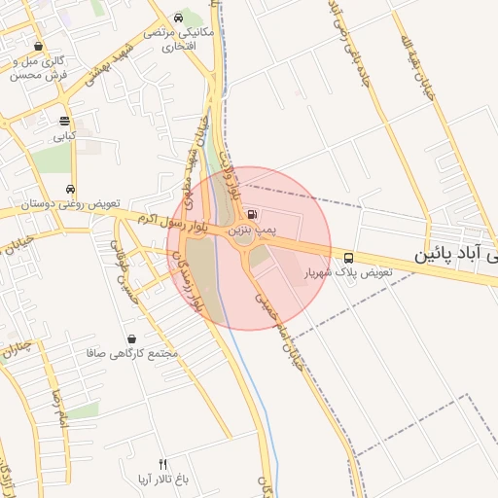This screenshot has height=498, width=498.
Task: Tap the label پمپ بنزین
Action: tap(253, 231)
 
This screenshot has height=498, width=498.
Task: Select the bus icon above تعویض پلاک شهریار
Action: tap(348, 258)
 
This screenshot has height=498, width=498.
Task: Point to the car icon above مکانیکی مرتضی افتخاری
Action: tap(177, 18)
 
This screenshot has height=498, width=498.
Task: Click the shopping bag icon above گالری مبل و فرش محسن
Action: tap(38, 46)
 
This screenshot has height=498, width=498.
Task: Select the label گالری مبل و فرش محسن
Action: tap(39, 68)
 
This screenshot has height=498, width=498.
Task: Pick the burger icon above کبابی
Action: tap(64, 122)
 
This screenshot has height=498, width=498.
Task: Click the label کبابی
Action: tap(64, 137)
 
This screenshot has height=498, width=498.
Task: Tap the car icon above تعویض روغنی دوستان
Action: tap(69, 189)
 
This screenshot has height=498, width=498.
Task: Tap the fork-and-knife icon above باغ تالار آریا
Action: tap(162, 464)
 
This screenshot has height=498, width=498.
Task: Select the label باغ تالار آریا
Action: tap(156, 480)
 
